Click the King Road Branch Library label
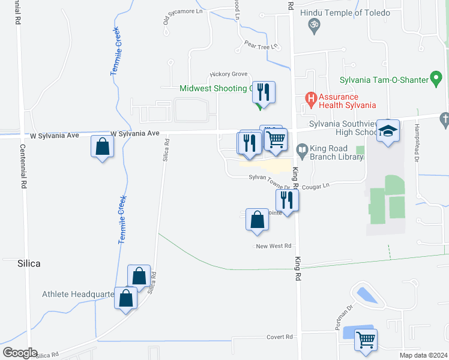coord(337,152)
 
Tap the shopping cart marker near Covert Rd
coord(366,340)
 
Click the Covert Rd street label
coord(280,337)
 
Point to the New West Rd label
coord(273,246)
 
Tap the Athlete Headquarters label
coord(77,294)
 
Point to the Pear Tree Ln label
coord(261,45)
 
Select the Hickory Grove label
coord(229,74)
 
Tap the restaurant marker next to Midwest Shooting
coord(264,92)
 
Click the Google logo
coord(20,352)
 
